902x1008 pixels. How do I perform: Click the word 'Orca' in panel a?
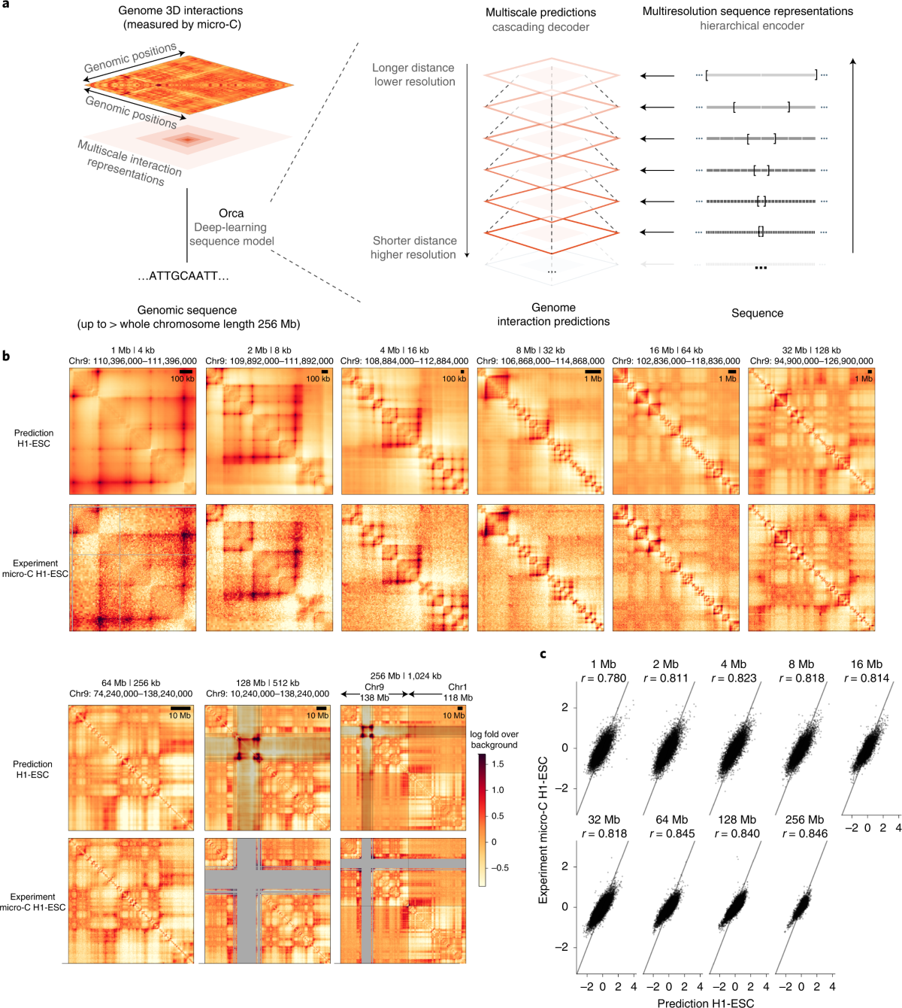coord(231,214)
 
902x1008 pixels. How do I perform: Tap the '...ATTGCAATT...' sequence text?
coord(183,276)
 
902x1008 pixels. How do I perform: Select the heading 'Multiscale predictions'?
coord(540,13)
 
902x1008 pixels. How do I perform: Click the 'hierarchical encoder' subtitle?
coord(752,26)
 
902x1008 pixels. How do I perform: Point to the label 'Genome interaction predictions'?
coord(553,314)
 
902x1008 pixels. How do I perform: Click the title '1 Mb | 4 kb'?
coord(133,351)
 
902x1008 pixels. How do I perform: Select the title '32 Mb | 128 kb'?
coord(812,351)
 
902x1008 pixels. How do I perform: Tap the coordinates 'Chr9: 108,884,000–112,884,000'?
coord(404,361)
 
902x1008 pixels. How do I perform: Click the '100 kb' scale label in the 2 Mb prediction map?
coord(318,379)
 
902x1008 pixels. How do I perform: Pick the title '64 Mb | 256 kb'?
coord(131,683)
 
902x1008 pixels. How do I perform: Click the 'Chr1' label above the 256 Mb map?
coord(457,688)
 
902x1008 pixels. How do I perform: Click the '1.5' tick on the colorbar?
coord(498,764)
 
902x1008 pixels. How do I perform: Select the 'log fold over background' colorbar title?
coord(495,739)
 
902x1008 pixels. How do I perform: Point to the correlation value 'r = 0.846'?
coord(805,833)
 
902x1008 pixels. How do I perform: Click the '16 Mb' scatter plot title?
coord(867,664)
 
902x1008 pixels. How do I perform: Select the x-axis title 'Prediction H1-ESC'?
coord(706,1003)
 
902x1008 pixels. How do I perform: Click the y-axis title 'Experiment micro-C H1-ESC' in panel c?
coord(543,830)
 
